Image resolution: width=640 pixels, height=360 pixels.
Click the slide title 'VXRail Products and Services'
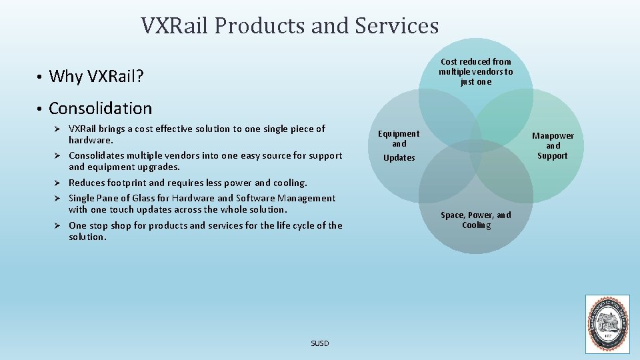(289, 26)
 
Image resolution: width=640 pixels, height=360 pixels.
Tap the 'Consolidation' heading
(100, 108)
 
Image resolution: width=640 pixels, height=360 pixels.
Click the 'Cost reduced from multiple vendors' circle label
(476, 71)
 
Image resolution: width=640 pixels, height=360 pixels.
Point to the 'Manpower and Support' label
(553, 146)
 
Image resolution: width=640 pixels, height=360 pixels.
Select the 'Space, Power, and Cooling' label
(476, 220)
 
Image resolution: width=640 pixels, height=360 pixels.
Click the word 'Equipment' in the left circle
(399, 134)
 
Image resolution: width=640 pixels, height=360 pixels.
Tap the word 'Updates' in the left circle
(399, 158)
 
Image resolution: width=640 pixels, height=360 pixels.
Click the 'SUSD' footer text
(320, 343)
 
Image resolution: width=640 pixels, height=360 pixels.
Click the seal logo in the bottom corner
(607, 324)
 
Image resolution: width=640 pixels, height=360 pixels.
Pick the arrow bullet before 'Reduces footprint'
(58, 183)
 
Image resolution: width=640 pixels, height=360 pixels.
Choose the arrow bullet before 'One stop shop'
(58, 226)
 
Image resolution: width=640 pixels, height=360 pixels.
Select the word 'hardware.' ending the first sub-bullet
(91, 141)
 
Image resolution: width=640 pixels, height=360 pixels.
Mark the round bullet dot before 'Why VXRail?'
(40, 77)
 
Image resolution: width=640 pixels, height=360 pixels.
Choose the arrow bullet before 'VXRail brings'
(58, 129)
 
